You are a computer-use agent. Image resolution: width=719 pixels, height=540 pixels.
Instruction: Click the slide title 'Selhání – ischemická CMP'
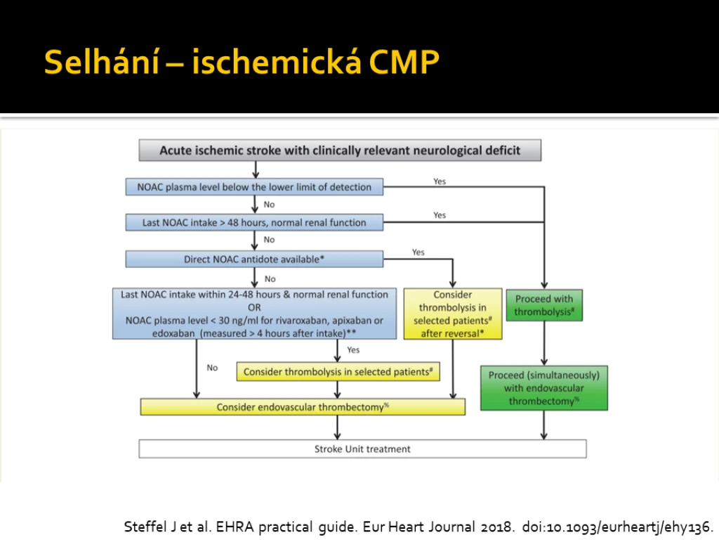(242, 62)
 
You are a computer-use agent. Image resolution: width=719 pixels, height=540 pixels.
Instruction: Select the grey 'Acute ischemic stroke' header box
(340, 150)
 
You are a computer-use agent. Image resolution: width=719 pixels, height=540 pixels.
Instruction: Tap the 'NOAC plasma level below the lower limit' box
(254, 187)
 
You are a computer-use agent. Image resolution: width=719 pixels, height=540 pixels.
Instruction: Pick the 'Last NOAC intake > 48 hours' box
(254, 222)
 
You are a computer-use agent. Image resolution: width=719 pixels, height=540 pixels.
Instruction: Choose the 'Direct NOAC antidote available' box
(254, 259)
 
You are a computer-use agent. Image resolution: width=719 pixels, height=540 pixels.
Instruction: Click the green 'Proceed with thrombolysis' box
(544, 305)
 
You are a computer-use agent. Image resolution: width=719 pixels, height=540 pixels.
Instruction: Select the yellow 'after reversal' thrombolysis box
(453, 314)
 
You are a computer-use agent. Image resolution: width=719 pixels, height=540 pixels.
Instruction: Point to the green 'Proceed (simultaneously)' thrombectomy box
(544, 388)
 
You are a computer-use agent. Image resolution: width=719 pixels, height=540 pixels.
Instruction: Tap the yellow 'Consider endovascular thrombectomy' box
(303, 407)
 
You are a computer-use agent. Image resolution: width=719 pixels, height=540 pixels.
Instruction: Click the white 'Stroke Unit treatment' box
(362, 449)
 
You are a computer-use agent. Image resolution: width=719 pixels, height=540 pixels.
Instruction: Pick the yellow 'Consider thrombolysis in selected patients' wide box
(338, 371)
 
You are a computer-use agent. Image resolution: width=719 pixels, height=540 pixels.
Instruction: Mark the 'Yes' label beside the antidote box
(418, 252)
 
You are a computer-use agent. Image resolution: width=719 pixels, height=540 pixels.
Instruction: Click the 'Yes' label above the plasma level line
(440, 181)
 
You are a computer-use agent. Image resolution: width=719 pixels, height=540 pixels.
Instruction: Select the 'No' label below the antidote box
(270, 278)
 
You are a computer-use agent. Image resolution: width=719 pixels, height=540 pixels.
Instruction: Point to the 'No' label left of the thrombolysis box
(212, 367)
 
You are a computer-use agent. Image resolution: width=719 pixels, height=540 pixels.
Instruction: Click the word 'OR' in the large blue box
(254, 307)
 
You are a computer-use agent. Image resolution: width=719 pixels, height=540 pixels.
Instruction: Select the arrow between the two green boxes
(544, 343)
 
